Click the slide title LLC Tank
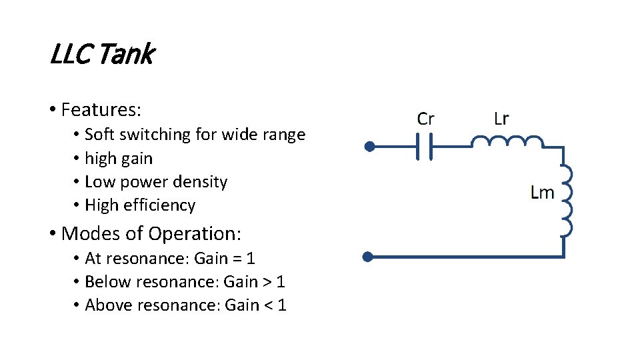pyautogui.click(x=102, y=55)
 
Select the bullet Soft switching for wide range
pyautogui.click(x=195, y=135)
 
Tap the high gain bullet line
pyautogui.click(x=119, y=159)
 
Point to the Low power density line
pyautogui.click(x=156, y=182)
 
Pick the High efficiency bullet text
pyautogui.click(x=140, y=205)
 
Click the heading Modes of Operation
pyautogui.click(x=151, y=234)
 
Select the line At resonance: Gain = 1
pyautogui.click(x=170, y=259)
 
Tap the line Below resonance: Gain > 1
pyautogui.click(x=185, y=282)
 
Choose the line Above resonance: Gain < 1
pyautogui.click(x=185, y=305)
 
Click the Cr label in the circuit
pyautogui.click(x=425, y=119)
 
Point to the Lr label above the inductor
pyautogui.click(x=501, y=119)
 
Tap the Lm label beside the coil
pyautogui.click(x=542, y=193)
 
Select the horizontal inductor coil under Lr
pyautogui.click(x=507, y=141)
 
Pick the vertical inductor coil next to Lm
pyautogui.click(x=566, y=200)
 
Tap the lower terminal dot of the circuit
pyautogui.click(x=367, y=256)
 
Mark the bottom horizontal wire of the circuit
pyautogui.click(x=467, y=256)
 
